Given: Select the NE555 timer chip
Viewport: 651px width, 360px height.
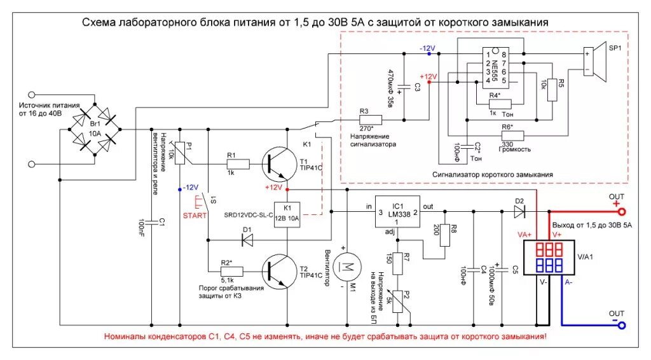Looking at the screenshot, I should (496, 68).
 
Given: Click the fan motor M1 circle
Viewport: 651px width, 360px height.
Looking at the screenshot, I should (347, 267).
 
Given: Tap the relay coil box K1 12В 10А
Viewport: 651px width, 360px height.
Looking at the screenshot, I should (287, 212).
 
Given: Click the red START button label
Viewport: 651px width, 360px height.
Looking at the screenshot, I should (195, 216).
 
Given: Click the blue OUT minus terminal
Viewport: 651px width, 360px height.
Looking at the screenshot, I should (622, 326).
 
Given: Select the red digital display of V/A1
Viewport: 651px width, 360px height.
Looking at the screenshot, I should (549, 247).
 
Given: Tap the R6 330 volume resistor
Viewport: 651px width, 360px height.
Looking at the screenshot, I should (513, 135).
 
